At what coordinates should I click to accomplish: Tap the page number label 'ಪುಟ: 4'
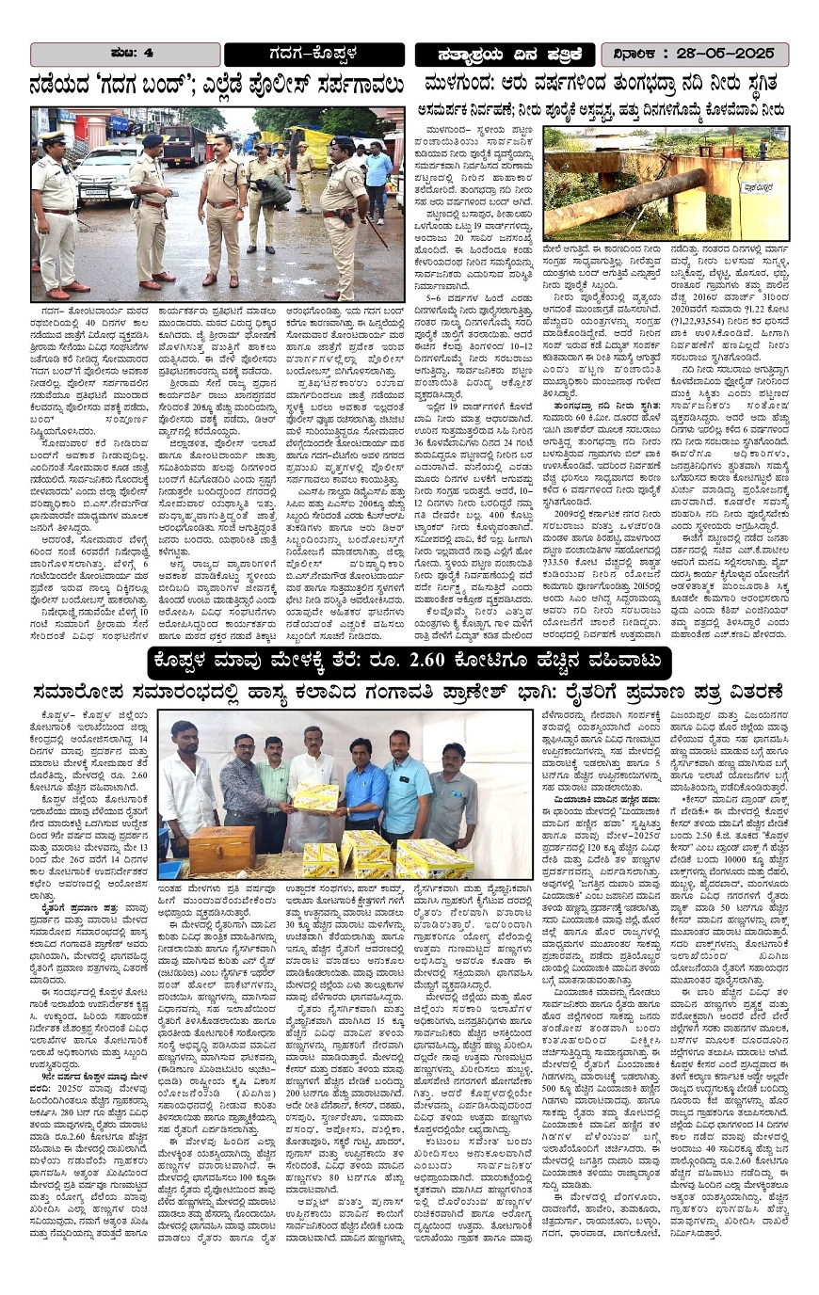[125, 54]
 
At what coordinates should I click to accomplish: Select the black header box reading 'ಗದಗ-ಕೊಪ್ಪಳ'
[314, 55]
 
